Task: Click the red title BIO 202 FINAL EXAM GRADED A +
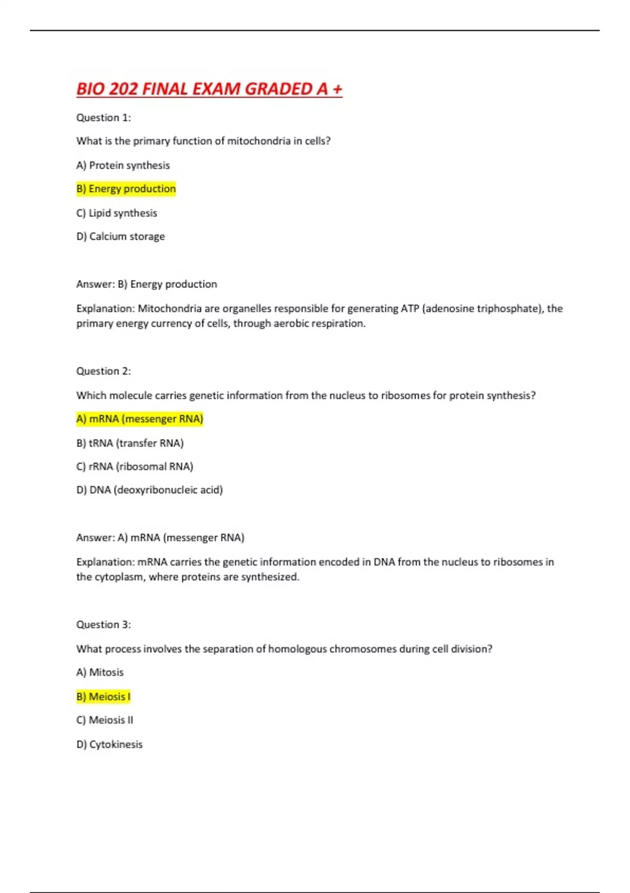click(x=209, y=89)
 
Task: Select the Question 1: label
click(x=103, y=118)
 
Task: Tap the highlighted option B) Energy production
click(x=126, y=189)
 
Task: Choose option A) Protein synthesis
click(x=123, y=165)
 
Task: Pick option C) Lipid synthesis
click(x=117, y=213)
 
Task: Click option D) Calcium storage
click(x=120, y=236)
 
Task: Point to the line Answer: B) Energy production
click(x=146, y=284)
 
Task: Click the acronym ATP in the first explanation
click(x=409, y=308)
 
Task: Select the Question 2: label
click(x=103, y=371)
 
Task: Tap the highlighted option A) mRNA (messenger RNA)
click(x=140, y=419)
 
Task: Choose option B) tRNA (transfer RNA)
click(x=130, y=443)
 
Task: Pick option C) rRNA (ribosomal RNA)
click(x=134, y=466)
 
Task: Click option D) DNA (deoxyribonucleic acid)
click(x=150, y=490)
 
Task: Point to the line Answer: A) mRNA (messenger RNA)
click(x=160, y=537)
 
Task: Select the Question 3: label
click(x=103, y=625)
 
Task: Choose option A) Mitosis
click(x=100, y=672)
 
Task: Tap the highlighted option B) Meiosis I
click(x=103, y=697)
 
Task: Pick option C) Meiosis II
click(x=104, y=720)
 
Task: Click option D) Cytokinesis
click(x=109, y=744)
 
